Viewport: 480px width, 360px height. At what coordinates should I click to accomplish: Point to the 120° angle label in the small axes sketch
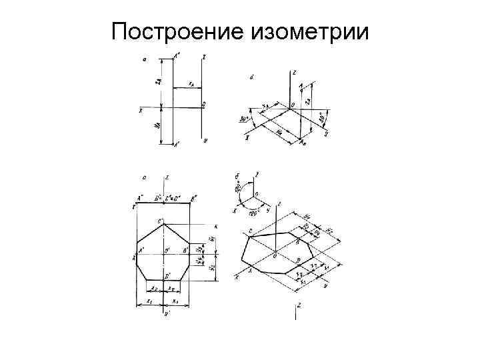pyautogui.click(x=254, y=213)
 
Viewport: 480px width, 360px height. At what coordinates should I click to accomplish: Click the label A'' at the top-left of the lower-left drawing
pyautogui.click(x=139, y=198)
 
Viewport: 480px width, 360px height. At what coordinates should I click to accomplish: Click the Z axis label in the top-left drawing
pyautogui.click(x=203, y=56)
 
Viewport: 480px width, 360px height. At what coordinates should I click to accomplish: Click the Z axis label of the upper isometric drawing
pyautogui.click(x=294, y=70)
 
